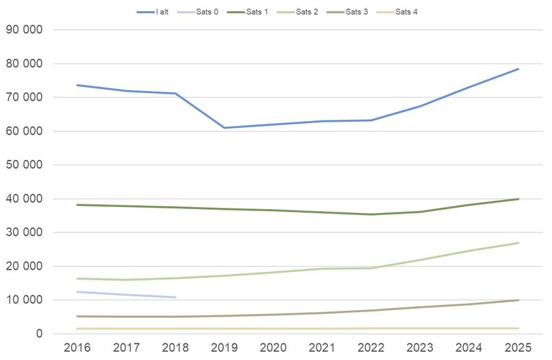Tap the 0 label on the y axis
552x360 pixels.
(x=39, y=334)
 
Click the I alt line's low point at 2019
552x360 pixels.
(x=225, y=128)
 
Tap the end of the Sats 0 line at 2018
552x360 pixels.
(x=176, y=297)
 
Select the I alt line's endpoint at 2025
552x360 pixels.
(x=518, y=69)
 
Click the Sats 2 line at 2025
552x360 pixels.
(x=518, y=243)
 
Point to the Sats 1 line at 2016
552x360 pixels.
(x=78, y=205)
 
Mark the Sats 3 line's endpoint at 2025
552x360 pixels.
(x=518, y=300)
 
